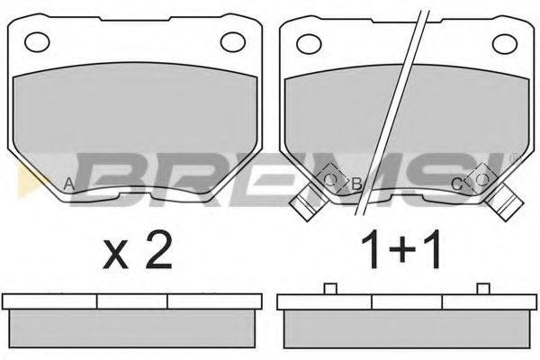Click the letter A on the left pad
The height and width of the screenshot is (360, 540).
pyautogui.click(x=69, y=184)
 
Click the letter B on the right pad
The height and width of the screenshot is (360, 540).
pyautogui.click(x=356, y=184)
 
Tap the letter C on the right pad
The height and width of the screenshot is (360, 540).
pyautogui.click(x=456, y=185)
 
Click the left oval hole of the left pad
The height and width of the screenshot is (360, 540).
pyautogui.click(x=37, y=42)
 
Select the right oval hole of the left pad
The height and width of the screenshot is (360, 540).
pyautogui.click(x=233, y=42)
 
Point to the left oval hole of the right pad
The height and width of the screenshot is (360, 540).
pyautogui.click(x=309, y=44)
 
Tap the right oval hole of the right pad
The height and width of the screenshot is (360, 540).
pyautogui.click(x=505, y=44)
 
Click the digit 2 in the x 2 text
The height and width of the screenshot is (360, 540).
pyautogui.click(x=158, y=249)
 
